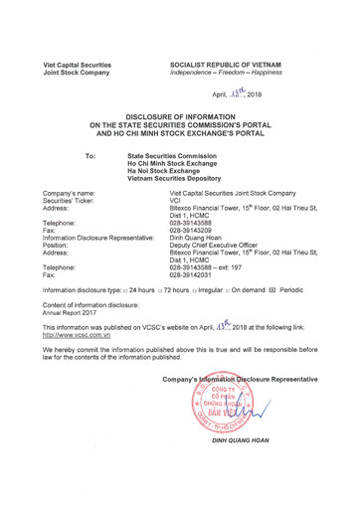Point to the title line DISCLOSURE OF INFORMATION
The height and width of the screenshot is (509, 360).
pos(179,116)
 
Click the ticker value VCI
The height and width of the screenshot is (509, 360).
pos(177,200)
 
